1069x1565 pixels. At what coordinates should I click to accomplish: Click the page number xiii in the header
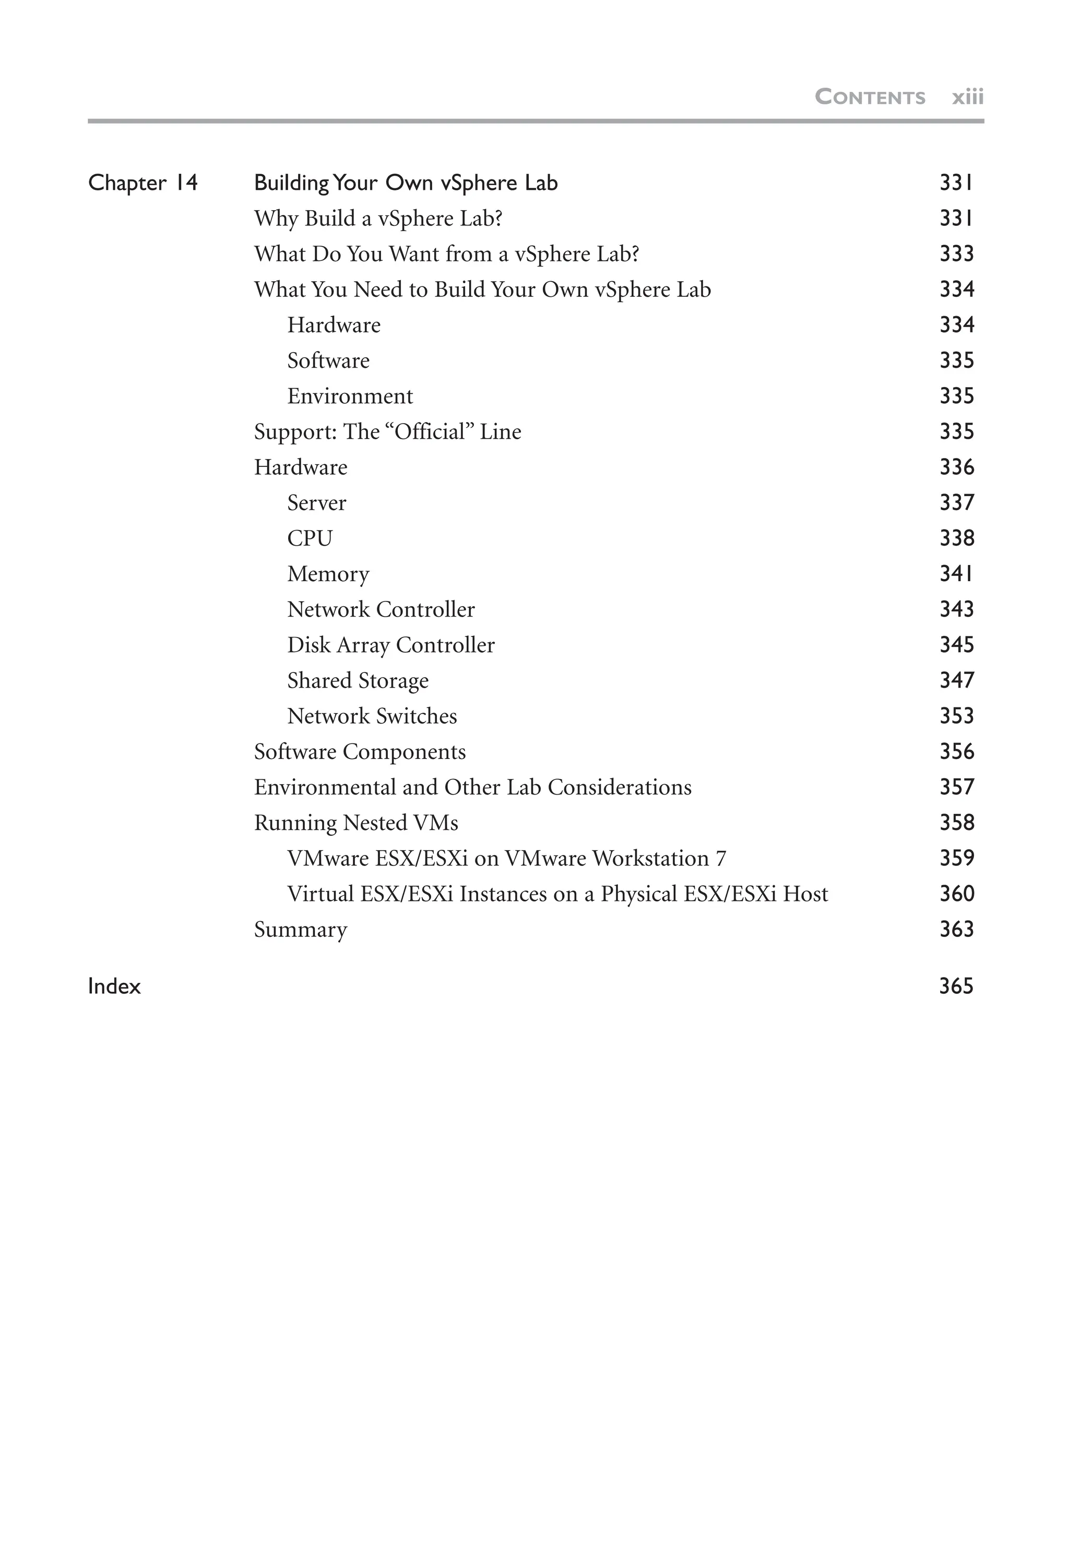pos(967,97)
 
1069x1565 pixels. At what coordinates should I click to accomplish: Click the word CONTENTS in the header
pos(870,97)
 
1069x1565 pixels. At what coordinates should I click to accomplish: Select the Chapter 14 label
pos(143,183)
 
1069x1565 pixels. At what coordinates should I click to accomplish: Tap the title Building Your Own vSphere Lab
pos(406,183)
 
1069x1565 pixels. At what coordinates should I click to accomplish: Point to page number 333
pos(956,254)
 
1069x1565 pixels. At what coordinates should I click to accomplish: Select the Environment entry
pos(350,396)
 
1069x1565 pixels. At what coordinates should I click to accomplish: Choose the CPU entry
pos(310,538)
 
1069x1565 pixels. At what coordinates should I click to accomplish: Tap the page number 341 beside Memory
pos(956,574)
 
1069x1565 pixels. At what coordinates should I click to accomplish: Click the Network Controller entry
pos(381,609)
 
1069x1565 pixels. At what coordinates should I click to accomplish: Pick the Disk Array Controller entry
pos(390,645)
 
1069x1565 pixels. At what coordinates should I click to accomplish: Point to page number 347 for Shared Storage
pos(956,680)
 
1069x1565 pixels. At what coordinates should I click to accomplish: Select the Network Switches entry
pos(372,716)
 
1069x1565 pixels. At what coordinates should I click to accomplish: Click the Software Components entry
pos(360,752)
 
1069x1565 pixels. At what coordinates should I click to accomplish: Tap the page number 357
pos(956,787)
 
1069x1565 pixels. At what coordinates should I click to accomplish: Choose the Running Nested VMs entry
pos(355,823)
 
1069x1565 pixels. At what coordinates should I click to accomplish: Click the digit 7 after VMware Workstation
pos(721,859)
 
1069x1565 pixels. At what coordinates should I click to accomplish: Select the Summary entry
pos(301,929)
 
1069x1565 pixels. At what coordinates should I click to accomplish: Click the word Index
pos(114,986)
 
